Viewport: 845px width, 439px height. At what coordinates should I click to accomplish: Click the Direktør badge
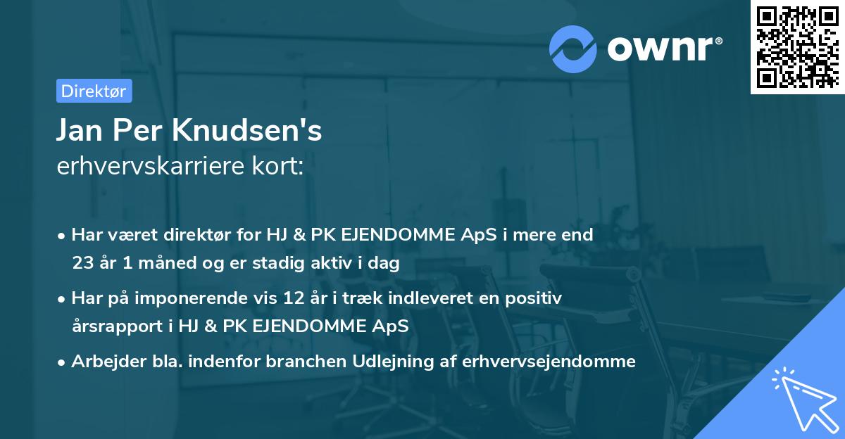coord(94,91)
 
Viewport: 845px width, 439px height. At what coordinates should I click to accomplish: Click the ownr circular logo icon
coord(573,49)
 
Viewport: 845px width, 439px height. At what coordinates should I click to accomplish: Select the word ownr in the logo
coord(665,49)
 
